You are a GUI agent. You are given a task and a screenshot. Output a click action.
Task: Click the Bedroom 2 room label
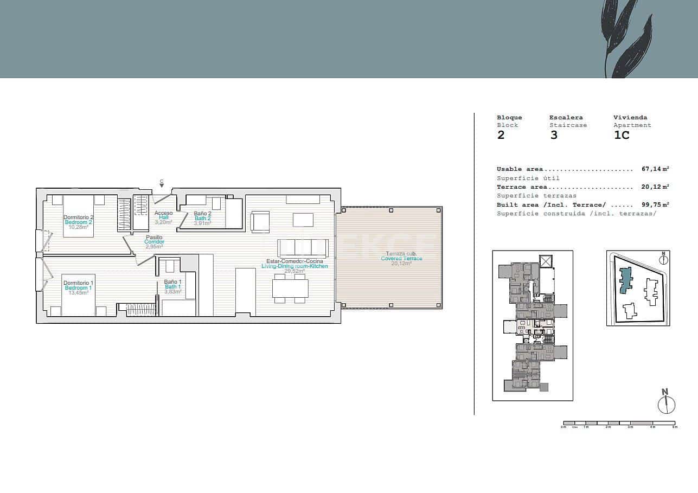79,222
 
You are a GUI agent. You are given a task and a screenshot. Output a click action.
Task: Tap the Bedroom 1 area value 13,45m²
79,293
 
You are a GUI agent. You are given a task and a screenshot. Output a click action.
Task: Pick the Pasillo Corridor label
154,242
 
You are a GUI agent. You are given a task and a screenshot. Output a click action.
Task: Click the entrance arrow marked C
162,184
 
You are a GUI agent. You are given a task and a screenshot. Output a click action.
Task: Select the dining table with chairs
290,288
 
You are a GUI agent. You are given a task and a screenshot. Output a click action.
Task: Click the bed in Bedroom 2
79,215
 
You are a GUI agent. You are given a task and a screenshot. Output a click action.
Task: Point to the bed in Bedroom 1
79,294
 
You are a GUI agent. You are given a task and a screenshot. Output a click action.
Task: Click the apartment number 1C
622,135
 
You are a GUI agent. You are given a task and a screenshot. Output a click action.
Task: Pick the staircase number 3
554,135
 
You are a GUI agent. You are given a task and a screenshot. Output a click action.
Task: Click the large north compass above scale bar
666,404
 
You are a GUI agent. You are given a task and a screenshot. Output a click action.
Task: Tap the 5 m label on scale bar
675,427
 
